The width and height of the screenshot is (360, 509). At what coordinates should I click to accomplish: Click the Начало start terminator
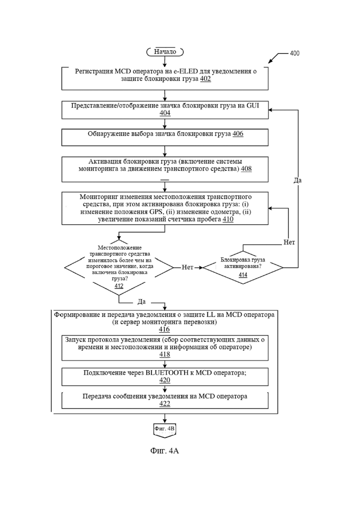coord(165,52)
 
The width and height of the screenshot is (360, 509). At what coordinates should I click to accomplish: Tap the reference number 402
coord(205,79)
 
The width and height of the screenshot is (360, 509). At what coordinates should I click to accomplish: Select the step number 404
coord(165,113)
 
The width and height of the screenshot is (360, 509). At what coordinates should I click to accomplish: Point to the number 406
coord(238,134)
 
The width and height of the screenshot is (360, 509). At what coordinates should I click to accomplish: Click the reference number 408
coord(246,169)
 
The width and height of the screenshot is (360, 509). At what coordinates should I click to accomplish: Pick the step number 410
coord(228,220)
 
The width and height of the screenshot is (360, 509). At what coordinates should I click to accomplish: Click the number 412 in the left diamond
coord(119,286)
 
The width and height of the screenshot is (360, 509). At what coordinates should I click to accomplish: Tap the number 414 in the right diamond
coord(243,275)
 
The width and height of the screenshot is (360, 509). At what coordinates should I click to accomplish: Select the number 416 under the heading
coord(164,329)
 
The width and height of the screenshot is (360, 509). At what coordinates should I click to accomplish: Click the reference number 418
coord(165,354)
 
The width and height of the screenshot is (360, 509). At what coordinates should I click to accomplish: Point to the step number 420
coord(165,380)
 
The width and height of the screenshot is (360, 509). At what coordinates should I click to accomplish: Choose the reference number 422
coord(165,404)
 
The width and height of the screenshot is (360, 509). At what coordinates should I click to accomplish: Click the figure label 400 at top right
coord(294,53)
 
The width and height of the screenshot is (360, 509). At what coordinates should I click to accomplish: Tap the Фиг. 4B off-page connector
coord(165,430)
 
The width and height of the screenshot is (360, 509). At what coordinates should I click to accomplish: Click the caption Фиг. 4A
coord(165,451)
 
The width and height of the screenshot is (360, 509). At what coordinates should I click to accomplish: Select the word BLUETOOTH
coord(167,373)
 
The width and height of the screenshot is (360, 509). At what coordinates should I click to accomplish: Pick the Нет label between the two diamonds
coord(187,267)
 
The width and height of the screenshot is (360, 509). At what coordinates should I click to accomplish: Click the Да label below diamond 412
coord(142,301)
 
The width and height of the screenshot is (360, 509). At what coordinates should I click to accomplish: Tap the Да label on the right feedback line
coord(297,180)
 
